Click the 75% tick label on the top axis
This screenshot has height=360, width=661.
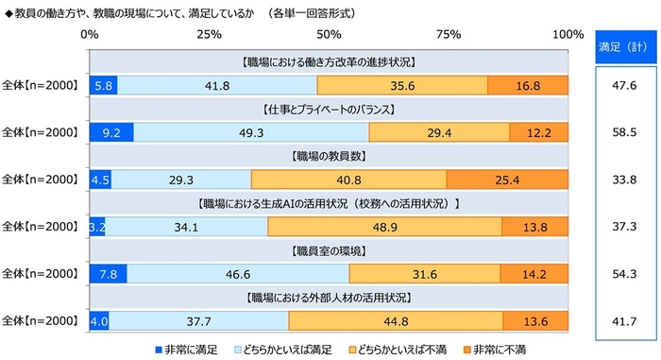(449, 34)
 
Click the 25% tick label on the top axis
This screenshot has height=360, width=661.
(209, 34)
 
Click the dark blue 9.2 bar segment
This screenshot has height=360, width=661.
(110, 131)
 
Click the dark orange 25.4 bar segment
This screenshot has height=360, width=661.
(507, 179)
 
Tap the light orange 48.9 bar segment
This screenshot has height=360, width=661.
(384, 226)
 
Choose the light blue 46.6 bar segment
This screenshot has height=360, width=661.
(238, 274)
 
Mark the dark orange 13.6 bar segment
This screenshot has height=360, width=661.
(535, 321)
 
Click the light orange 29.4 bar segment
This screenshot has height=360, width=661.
(439, 131)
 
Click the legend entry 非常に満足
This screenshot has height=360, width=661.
(185, 349)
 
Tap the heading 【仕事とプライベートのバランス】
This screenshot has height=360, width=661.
(329, 108)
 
